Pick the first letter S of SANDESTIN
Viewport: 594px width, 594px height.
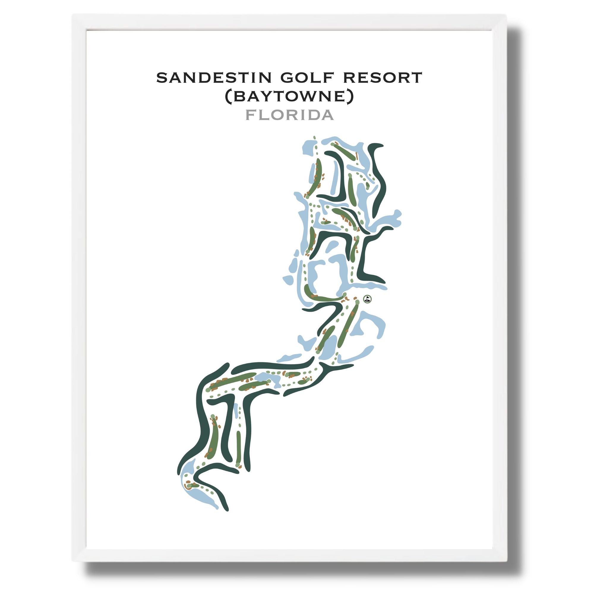tap(161, 78)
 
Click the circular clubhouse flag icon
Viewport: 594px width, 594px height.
tap(367, 298)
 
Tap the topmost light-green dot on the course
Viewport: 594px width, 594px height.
tap(314, 137)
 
